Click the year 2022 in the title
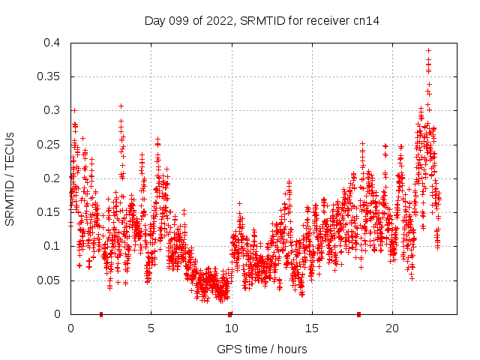point(222,21)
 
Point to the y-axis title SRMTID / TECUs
point(10,178)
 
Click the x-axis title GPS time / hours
point(262,349)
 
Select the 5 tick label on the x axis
point(151,328)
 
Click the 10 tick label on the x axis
point(231,328)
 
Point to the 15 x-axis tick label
point(311,328)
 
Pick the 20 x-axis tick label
point(391,328)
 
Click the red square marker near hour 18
point(358,314)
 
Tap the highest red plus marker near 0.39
point(428,50)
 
